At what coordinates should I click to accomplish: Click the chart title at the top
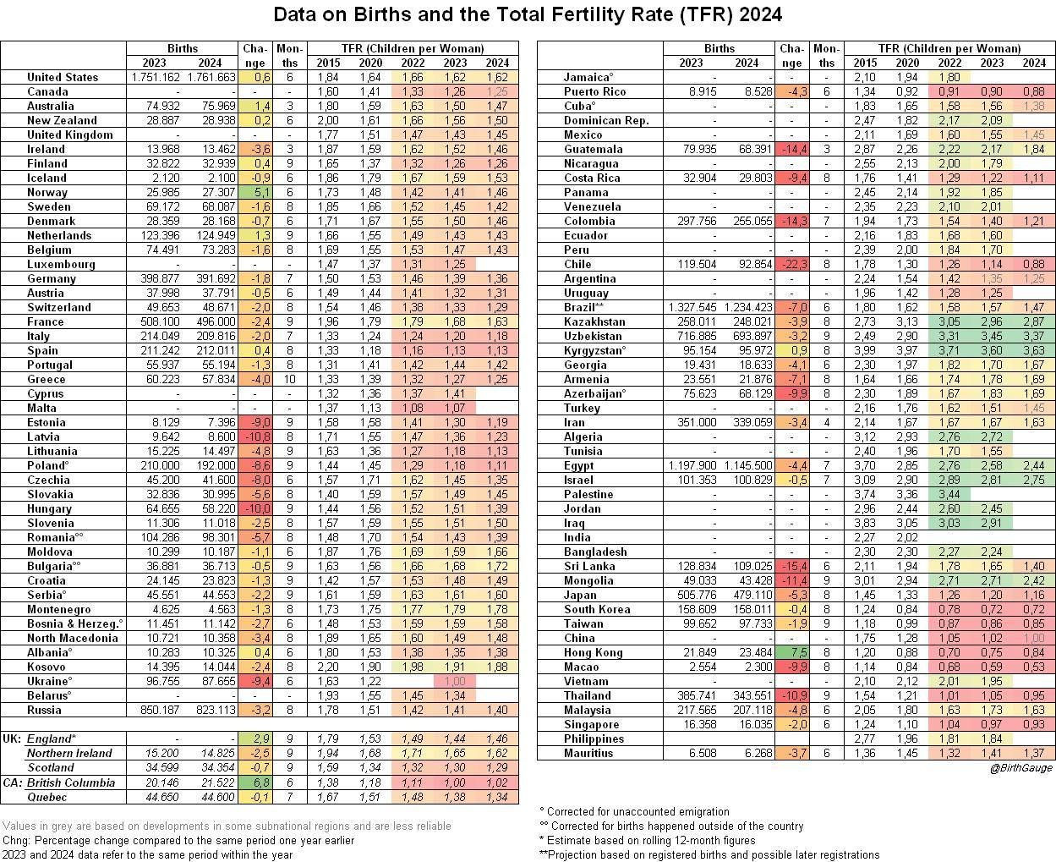(x=528, y=14)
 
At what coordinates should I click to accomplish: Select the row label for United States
(x=63, y=77)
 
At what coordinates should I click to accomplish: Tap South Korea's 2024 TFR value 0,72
(x=1033, y=609)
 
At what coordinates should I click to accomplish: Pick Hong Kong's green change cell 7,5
(x=791, y=652)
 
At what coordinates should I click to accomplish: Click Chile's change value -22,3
(x=791, y=264)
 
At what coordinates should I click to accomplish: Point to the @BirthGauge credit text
(x=1021, y=767)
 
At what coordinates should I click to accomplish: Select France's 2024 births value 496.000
(x=210, y=321)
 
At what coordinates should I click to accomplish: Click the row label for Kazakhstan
(x=594, y=321)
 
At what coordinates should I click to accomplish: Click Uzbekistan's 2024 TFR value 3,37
(x=1033, y=336)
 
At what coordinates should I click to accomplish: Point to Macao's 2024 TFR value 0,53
(x=1033, y=667)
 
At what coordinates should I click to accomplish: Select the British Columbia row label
(x=71, y=782)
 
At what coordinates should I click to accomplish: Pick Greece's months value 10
(x=289, y=379)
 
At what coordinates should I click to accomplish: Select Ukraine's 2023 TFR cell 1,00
(x=455, y=681)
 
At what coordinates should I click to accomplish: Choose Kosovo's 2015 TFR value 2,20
(x=327, y=667)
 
